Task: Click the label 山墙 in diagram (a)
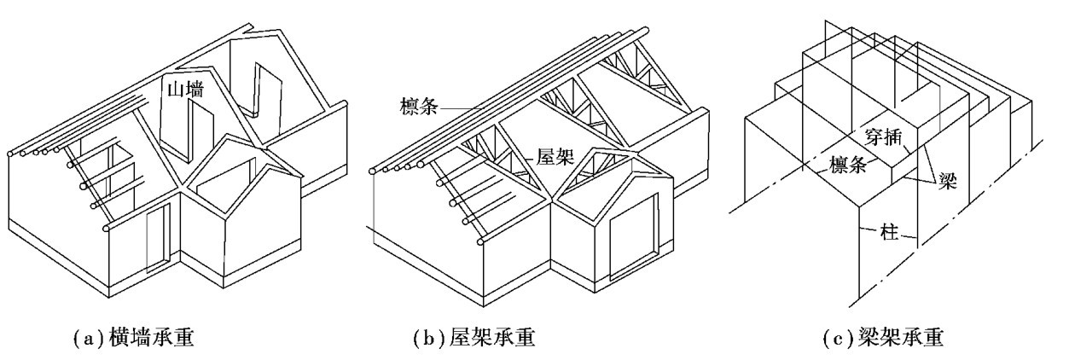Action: click(x=183, y=88)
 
